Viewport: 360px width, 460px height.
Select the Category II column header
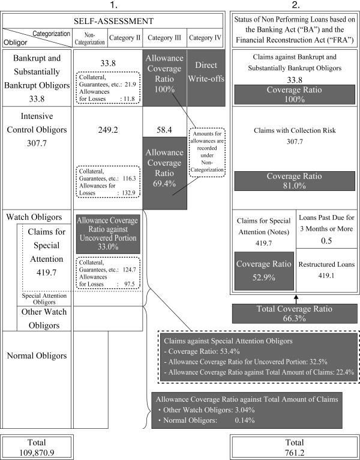click(x=125, y=38)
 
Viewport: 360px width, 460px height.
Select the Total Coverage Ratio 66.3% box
click(x=294, y=313)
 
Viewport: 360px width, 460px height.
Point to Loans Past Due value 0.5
click(x=328, y=240)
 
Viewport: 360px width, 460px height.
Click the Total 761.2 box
click(x=294, y=447)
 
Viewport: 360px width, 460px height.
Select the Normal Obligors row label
click(x=37, y=356)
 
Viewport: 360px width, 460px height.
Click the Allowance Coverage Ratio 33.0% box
click(x=108, y=229)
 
